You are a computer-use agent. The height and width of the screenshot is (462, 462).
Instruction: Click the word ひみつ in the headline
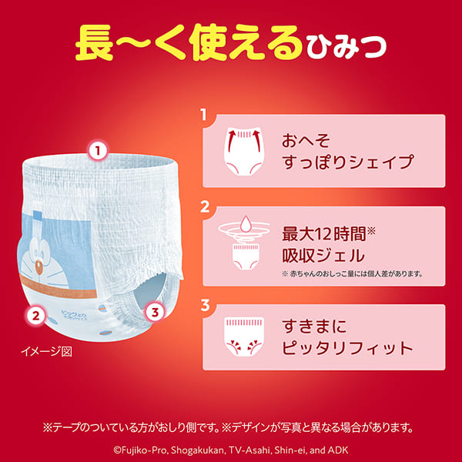[x=347, y=49]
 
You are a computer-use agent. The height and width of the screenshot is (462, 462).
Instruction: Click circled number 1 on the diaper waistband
[x=97, y=151]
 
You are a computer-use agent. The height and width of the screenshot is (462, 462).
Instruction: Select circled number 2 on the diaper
[x=34, y=314]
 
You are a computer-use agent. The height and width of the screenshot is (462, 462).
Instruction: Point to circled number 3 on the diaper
[x=155, y=313]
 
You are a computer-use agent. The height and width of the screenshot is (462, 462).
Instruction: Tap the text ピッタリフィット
[x=336, y=347]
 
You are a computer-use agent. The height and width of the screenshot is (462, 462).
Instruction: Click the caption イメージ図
[x=46, y=351]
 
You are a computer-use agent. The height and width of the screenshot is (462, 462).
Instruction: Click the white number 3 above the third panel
[x=205, y=304]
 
